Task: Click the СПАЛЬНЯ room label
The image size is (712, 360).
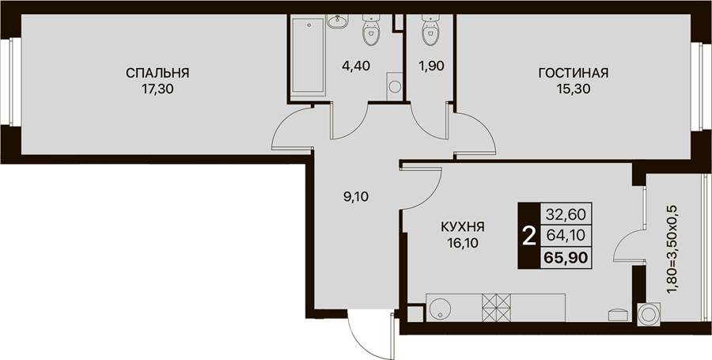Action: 157,73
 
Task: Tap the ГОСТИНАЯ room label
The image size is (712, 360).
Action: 574,73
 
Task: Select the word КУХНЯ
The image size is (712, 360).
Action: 462,226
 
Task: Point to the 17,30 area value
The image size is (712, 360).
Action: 157,89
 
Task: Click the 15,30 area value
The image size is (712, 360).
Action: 574,89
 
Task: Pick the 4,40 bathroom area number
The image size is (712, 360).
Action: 357,66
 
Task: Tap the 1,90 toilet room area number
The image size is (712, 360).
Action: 431,66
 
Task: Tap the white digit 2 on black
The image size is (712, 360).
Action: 528,236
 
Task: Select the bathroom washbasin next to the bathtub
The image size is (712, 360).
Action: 337,21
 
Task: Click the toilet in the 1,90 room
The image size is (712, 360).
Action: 429,30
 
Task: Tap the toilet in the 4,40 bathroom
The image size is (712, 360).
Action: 370,30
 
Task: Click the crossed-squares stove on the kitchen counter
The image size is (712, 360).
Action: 496,308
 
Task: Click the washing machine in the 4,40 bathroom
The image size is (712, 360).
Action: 395,85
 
